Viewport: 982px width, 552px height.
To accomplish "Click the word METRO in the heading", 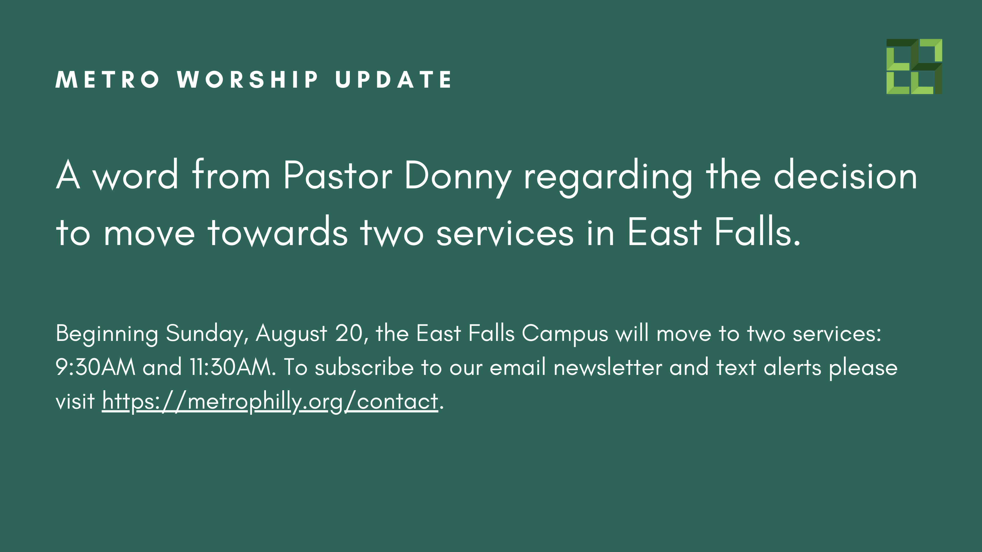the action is click(107, 80).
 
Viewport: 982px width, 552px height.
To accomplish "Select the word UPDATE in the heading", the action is click(393, 80).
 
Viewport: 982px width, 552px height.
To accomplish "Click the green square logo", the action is click(914, 67).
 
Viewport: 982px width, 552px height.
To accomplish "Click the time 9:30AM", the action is click(95, 367).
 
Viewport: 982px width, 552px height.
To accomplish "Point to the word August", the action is click(291, 334).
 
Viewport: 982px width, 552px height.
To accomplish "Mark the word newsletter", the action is click(608, 367).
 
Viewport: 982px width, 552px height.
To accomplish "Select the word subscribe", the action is click(364, 367).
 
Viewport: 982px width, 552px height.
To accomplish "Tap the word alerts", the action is click(792, 367).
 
